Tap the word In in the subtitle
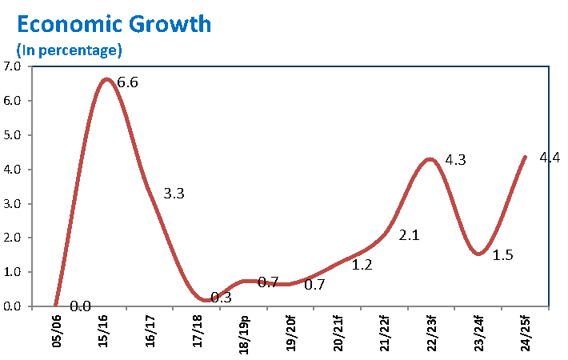click(27, 50)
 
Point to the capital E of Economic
click(23, 24)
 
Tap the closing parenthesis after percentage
click(119, 50)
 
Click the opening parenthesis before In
click(19, 50)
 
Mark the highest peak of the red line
click(106, 79)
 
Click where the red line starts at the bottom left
click(54, 305)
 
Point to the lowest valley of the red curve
click(206, 300)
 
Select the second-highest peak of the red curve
click(430, 159)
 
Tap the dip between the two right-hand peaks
click(478, 254)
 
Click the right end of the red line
click(526, 157)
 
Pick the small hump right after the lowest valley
click(247, 281)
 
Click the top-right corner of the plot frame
click(549, 66)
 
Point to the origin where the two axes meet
click(31, 306)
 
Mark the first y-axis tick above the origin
click(31, 272)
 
